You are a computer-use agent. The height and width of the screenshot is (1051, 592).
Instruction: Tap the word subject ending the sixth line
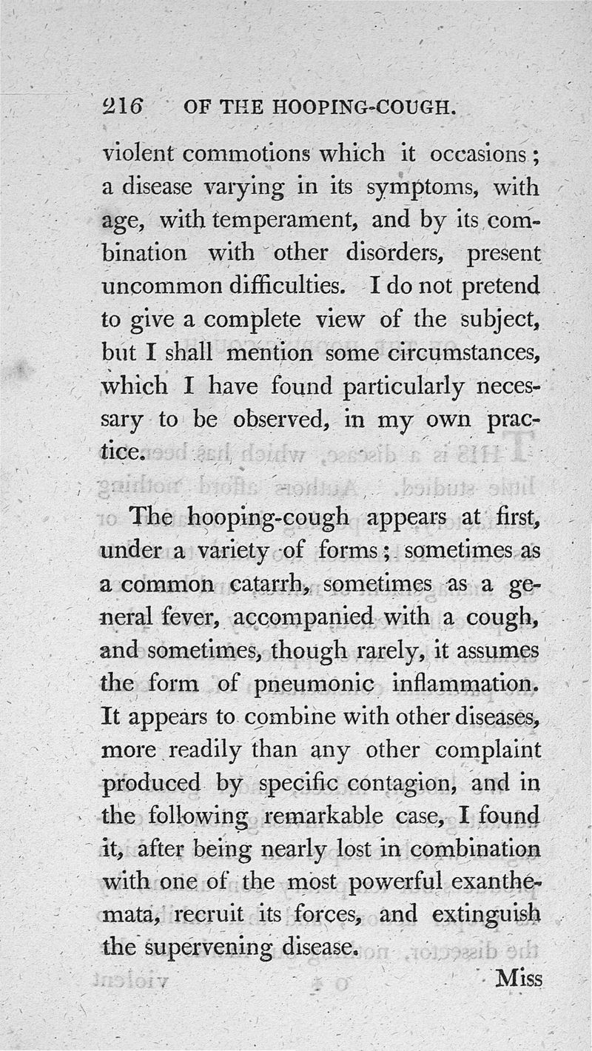pos(491,320)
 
